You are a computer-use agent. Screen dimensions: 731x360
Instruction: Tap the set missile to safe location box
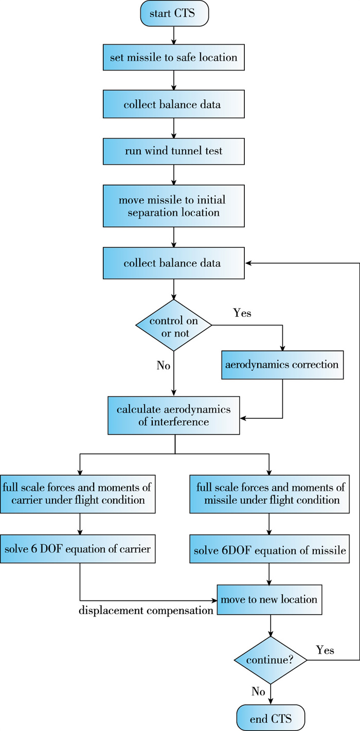click(174, 58)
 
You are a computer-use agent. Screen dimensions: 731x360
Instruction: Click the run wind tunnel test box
click(174, 152)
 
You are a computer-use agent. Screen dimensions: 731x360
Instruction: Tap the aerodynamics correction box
click(282, 365)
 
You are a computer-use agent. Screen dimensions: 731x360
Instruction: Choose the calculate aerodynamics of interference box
click(174, 415)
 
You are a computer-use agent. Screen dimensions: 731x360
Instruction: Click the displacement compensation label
click(147, 611)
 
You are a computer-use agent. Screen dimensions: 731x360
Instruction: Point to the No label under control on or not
click(164, 365)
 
